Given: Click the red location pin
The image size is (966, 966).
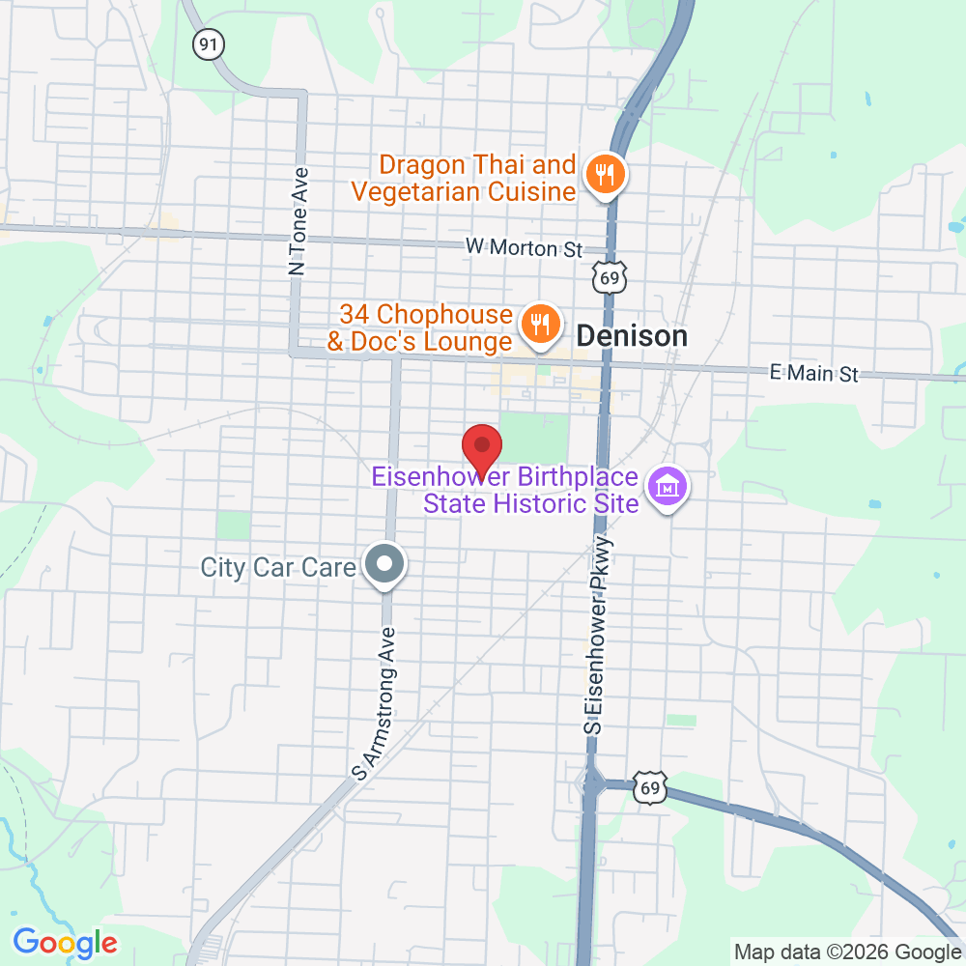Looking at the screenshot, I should pos(482,448).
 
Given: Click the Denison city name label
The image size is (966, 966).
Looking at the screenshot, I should pos(632,336).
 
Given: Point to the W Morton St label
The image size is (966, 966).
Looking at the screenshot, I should pos(524,248).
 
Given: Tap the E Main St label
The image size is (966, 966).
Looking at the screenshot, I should pos(813,373).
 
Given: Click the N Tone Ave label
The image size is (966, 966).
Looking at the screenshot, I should pos(299,222).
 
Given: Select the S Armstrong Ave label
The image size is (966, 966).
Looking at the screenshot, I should pos(378,702).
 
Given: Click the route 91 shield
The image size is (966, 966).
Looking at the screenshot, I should pos(206,43).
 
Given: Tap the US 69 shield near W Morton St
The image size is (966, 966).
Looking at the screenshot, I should pos(609,278).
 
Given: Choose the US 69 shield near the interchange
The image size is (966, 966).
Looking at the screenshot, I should pos(650,788).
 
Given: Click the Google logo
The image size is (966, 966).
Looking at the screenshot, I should pos(65,943).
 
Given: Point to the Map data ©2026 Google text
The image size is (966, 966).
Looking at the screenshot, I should pos(847,952).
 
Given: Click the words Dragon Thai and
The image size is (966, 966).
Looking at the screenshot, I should pos(477,165).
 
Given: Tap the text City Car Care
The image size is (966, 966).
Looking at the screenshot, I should pos(278,567).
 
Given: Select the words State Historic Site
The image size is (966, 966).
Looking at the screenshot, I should pos(531,503).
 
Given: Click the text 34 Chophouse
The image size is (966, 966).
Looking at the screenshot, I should pos(425,314).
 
